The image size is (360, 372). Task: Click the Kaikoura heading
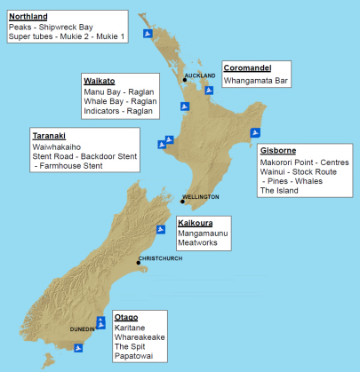(x=199, y=222)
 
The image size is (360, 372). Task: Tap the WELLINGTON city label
(x=200, y=195)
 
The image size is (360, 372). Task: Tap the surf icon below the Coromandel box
(x=209, y=90)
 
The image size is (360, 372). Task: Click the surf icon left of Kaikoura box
(x=161, y=229)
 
